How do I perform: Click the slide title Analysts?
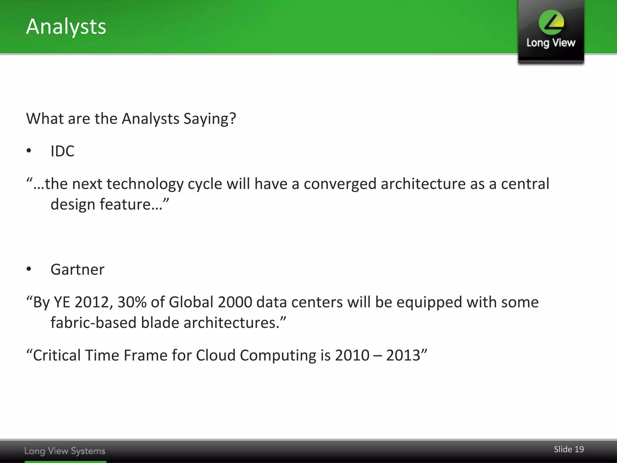pyautogui.click(x=66, y=27)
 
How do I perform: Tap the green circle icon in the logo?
pyautogui.click(x=551, y=22)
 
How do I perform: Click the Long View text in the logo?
pyautogui.click(x=551, y=43)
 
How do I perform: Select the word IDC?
pyautogui.click(x=62, y=151)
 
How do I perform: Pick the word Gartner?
pyautogui.click(x=77, y=269)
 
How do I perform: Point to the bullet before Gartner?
pyautogui.click(x=29, y=269)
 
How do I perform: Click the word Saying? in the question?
pyautogui.click(x=210, y=119)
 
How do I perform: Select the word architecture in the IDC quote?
pyautogui.click(x=423, y=184)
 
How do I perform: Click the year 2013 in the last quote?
pyautogui.click(x=403, y=355)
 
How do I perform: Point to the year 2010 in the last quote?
pyautogui.click(x=352, y=355)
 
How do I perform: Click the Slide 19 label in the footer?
pyautogui.click(x=568, y=449)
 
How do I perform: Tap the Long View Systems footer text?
pyautogui.click(x=65, y=451)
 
